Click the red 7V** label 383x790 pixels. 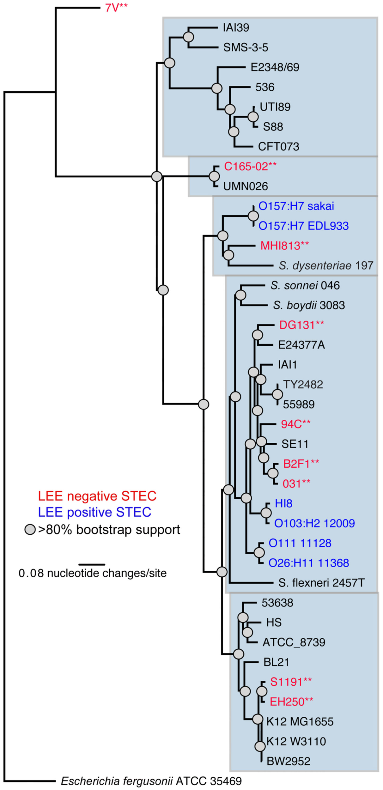click(116, 8)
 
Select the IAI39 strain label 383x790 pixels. click(236, 28)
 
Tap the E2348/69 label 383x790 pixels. click(275, 67)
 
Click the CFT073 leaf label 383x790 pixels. click(278, 147)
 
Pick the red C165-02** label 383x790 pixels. click(250, 166)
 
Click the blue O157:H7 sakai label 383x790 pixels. click(296, 206)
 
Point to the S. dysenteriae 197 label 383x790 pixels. click(326, 265)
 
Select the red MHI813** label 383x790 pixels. click(284, 246)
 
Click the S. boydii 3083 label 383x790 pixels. click(309, 305)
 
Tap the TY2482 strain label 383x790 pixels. click(303, 385)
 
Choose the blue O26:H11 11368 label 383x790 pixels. click(308, 563)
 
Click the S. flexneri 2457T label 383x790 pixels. click(321, 583)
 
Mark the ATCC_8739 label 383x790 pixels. click(294, 642)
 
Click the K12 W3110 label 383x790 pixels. click(296, 741)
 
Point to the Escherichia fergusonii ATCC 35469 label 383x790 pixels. click(151, 781)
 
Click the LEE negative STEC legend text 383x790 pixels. click(97, 496)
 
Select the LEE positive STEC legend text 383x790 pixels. click(94, 512)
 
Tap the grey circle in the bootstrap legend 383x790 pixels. click(30, 530)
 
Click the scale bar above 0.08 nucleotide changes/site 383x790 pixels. click(92, 564)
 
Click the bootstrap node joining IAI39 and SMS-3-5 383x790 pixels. click(189, 37)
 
